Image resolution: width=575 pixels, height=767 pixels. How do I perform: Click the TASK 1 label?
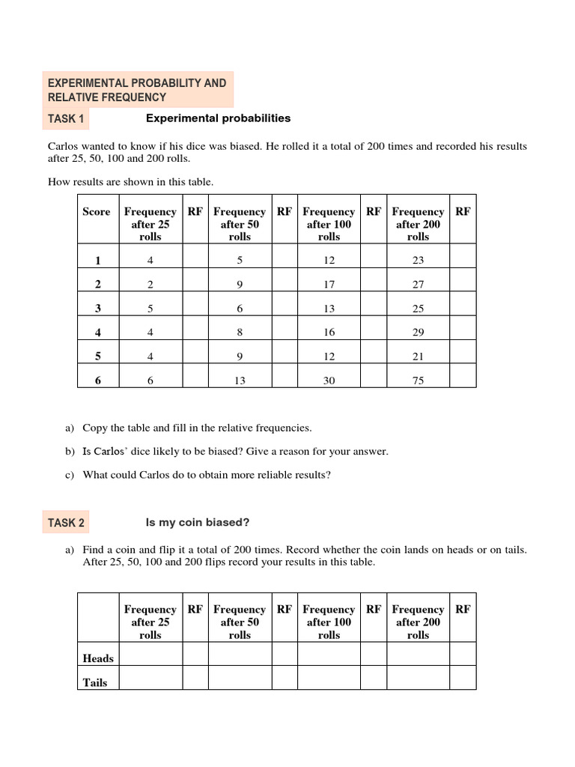[x=67, y=118]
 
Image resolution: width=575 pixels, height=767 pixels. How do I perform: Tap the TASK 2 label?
[x=67, y=522]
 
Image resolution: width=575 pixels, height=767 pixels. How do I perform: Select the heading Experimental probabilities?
[x=218, y=118]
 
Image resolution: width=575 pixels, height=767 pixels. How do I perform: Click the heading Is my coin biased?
[x=198, y=522]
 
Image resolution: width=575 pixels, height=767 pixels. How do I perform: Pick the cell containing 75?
[x=418, y=381]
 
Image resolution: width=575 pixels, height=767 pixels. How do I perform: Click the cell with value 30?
[x=329, y=381]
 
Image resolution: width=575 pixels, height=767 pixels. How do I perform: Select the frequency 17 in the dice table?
[x=329, y=285]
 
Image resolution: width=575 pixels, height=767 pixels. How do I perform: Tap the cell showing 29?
[x=418, y=333]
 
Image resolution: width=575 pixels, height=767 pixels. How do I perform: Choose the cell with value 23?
[x=418, y=261]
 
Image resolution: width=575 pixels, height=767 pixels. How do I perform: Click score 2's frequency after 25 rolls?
[x=150, y=285]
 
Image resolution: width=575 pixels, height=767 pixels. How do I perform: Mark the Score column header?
[x=97, y=212]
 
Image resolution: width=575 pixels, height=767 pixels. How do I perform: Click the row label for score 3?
[x=97, y=309]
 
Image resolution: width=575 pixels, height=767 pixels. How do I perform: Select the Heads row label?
[x=98, y=658]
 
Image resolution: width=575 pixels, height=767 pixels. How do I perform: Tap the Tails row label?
[x=95, y=682]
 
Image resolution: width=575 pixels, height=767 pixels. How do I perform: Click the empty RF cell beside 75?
[x=463, y=381]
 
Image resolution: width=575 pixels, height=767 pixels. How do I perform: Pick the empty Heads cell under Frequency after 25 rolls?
[x=150, y=654]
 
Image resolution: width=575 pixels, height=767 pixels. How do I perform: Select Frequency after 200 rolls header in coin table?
[x=418, y=622]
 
